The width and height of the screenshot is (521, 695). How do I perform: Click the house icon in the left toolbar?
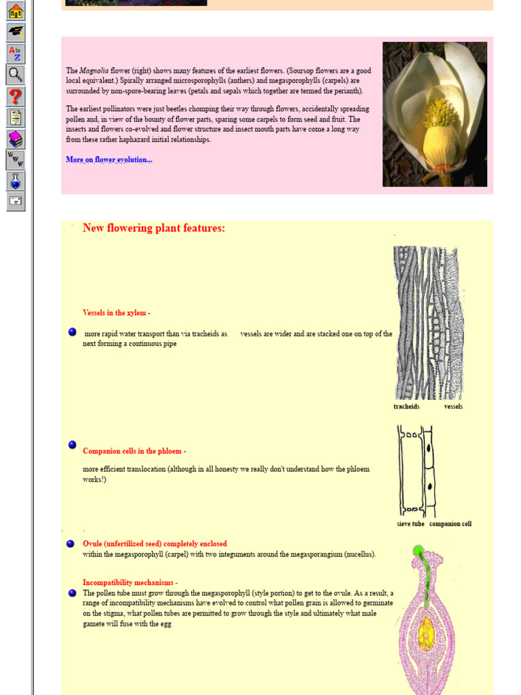click(x=16, y=12)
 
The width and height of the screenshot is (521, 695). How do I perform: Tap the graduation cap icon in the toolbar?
click(x=16, y=32)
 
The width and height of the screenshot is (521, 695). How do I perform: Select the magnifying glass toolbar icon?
click(x=16, y=75)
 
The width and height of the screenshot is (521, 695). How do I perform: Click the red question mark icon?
click(x=16, y=96)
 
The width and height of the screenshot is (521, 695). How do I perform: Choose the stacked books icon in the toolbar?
click(x=16, y=139)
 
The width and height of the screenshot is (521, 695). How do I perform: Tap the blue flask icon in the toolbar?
click(x=16, y=181)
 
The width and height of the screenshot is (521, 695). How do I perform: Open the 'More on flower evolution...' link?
click(x=109, y=159)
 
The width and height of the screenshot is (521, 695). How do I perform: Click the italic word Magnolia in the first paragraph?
click(x=94, y=71)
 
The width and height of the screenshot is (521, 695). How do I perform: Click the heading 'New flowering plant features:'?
click(x=154, y=228)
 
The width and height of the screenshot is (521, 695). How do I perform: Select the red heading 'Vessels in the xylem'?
click(x=114, y=313)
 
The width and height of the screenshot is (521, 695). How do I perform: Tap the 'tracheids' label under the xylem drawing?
click(x=406, y=407)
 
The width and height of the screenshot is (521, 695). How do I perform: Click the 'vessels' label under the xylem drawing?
click(x=453, y=407)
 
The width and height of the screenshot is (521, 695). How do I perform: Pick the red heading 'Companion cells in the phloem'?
click(x=132, y=451)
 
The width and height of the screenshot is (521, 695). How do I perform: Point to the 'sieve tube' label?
click(x=410, y=524)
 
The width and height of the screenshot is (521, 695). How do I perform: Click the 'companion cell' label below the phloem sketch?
click(x=450, y=524)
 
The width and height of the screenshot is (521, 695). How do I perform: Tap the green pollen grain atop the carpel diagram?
click(x=419, y=550)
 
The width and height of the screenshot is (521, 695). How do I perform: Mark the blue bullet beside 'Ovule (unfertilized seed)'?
click(x=71, y=544)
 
